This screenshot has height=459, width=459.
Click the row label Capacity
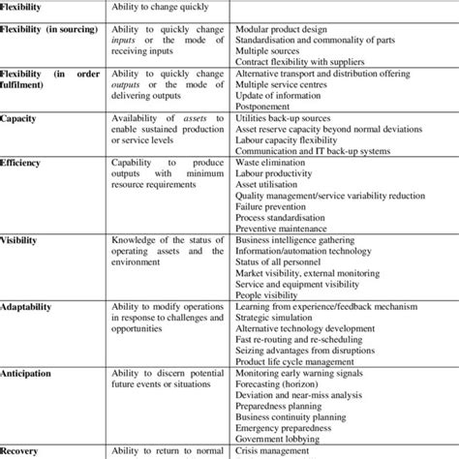[x=20, y=118]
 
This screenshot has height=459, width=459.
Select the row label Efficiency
[x=22, y=164]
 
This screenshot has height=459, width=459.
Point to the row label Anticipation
[x=28, y=372]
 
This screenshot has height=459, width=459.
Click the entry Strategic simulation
[x=276, y=316]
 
